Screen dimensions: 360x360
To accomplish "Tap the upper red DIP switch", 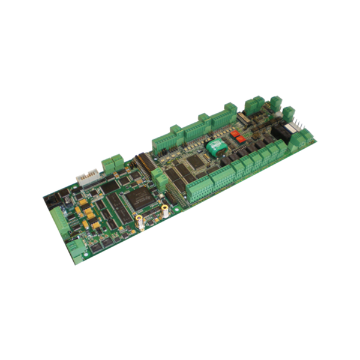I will click(244, 127).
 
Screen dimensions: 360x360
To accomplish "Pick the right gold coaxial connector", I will click(164, 211).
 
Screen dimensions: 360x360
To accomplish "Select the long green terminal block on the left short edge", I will click(61, 223).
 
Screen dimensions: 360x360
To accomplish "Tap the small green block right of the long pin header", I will click(158, 178).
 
